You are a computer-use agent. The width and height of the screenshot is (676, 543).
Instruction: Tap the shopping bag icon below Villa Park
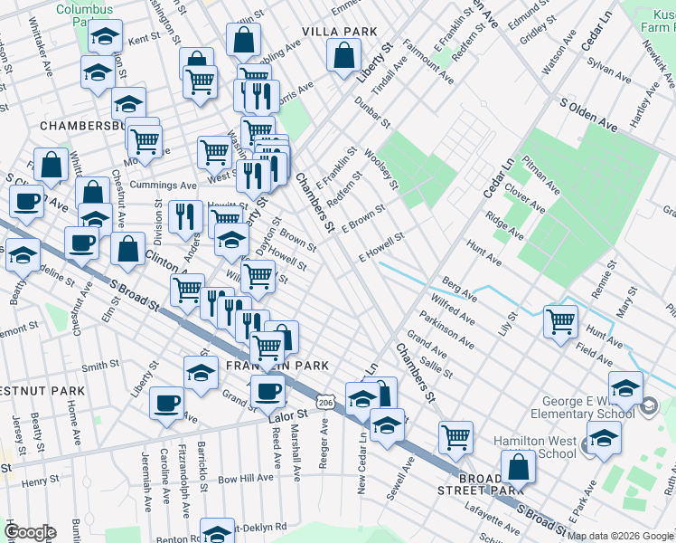[x=344, y=57]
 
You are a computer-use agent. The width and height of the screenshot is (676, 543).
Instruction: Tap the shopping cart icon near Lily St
[x=561, y=320]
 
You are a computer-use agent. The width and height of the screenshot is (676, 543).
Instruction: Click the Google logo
[x=30, y=532]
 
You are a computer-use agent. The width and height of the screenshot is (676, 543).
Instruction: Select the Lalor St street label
[x=287, y=415]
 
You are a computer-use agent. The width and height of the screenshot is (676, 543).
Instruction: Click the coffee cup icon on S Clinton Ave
[x=28, y=202]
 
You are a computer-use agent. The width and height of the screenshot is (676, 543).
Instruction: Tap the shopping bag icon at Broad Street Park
[x=518, y=467]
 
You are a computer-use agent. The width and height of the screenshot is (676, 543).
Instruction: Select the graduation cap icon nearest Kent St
[x=106, y=38]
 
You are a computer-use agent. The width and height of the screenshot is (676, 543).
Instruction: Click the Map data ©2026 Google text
[x=620, y=536]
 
